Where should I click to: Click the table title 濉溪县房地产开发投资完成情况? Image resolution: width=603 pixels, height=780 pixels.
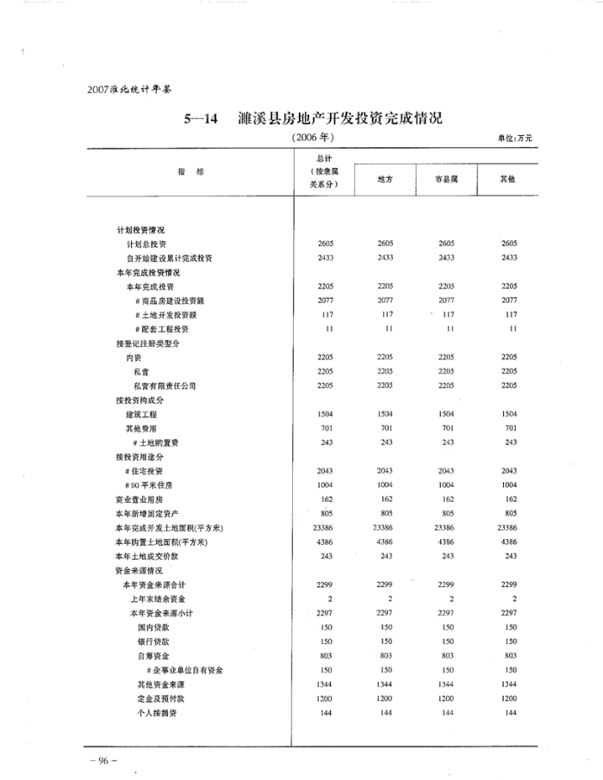[x=339, y=118]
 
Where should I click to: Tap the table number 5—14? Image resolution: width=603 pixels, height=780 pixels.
[x=204, y=119]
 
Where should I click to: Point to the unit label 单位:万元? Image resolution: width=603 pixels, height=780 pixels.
[x=516, y=138]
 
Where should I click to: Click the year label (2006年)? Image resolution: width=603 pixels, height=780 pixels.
[x=313, y=137]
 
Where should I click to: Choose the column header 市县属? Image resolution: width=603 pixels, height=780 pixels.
[x=446, y=179]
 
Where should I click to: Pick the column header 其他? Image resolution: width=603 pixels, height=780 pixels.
[x=508, y=179]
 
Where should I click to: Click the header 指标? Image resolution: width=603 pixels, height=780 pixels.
[x=191, y=172]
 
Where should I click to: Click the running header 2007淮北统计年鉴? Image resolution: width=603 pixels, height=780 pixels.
[x=125, y=89]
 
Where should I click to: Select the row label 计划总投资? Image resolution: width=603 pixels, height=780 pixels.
[x=149, y=245]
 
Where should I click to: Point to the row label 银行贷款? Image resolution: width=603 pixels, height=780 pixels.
[x=153, y=642]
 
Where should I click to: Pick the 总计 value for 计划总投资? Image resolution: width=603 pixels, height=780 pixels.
[x=326, y=245]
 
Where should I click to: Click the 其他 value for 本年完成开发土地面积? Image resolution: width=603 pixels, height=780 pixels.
[x=508, y=528]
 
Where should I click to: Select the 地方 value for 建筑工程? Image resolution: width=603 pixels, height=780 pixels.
[x=386, y=414]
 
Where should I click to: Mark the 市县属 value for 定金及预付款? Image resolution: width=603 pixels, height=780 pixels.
[x=446, y=698]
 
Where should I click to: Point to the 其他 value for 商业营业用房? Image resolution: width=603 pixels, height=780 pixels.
[x=509, y=499]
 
